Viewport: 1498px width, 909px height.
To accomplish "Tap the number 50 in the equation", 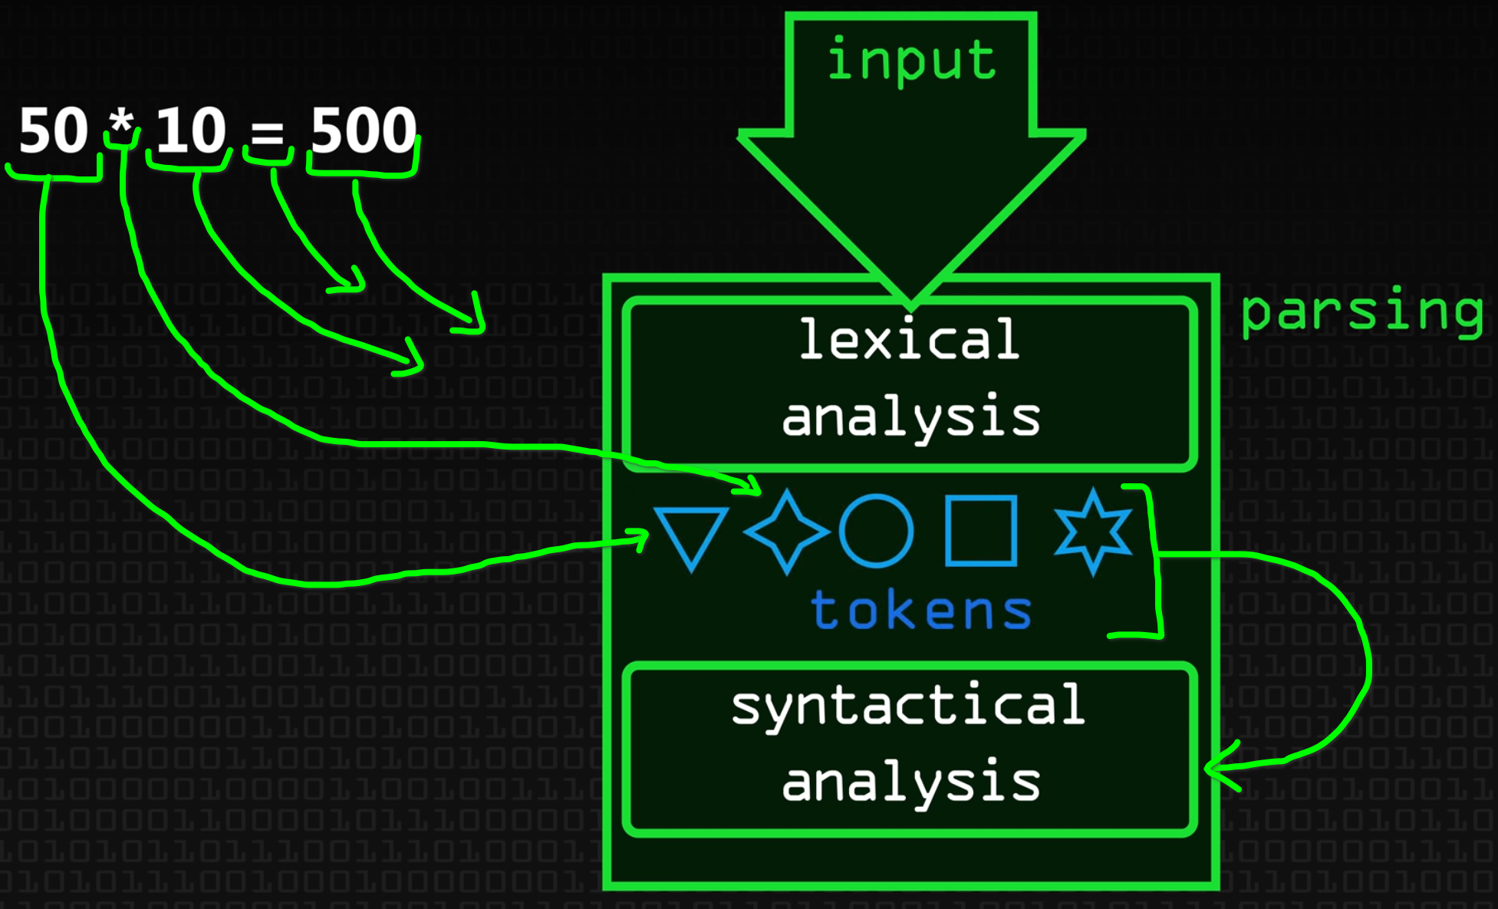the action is pyautogui.click(x=54, y=130).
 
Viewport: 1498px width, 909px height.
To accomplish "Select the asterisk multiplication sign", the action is pyautogui.click(x=121, y=124).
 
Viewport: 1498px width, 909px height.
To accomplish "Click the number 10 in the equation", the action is pyautogui.click(x=191, y=130).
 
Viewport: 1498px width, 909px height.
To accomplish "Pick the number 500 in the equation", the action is pyautogui.click(x=364, y=130).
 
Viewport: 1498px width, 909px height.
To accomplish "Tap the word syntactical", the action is pyautogui.click(x=908, y=706).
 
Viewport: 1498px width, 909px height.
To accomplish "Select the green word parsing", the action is pyautogui.click(x=1362, y=312).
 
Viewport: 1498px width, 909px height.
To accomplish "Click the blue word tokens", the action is pyautogui.click(x=921, y=611).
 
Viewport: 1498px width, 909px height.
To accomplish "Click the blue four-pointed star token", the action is pyautogui.click(x=787, y=531).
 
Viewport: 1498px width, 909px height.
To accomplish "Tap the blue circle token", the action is pyautogui.click(x=876, y=531).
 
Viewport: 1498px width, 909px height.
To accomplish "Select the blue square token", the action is pyautogui.click(x=981, y=531).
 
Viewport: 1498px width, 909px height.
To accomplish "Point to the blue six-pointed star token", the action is pyautogui.click(x=1093, y=531).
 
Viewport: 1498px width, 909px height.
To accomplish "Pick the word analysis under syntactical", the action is pyautogui.click(x=911, y=782).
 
